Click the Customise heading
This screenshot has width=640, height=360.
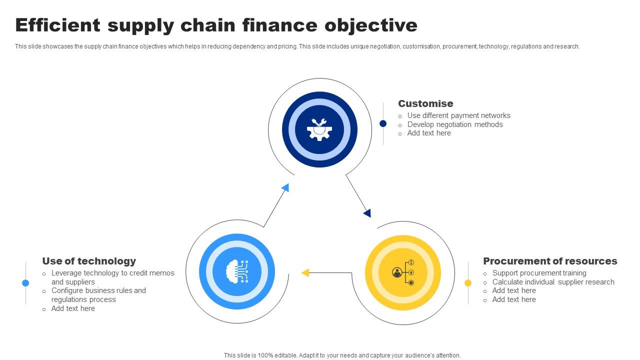(425, 103)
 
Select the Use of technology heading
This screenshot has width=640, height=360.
(89, 261)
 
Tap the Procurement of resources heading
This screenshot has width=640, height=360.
(550, 261)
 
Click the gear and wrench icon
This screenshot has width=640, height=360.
(319, 129)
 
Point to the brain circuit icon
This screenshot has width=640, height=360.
(237, 271)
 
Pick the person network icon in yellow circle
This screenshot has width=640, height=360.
(403, 272)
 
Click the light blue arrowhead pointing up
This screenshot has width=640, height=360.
(285, 187)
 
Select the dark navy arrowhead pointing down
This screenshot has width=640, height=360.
(367, 213)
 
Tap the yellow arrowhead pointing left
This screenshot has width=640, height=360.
(305, 272)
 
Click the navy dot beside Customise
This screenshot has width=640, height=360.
(383, 123)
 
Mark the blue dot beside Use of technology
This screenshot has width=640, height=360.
(25, 283)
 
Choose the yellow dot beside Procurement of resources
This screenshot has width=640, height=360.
(468, 283)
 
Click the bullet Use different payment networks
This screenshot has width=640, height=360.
(458, 115)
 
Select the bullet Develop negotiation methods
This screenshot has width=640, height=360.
(455, 124)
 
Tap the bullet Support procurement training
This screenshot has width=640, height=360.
(539, 273)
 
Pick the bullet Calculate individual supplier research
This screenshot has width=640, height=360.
(553, 282)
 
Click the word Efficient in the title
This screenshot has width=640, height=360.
(58, 25)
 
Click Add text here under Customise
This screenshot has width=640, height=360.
(429, 133)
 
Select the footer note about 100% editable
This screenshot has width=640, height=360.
(342, 355)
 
